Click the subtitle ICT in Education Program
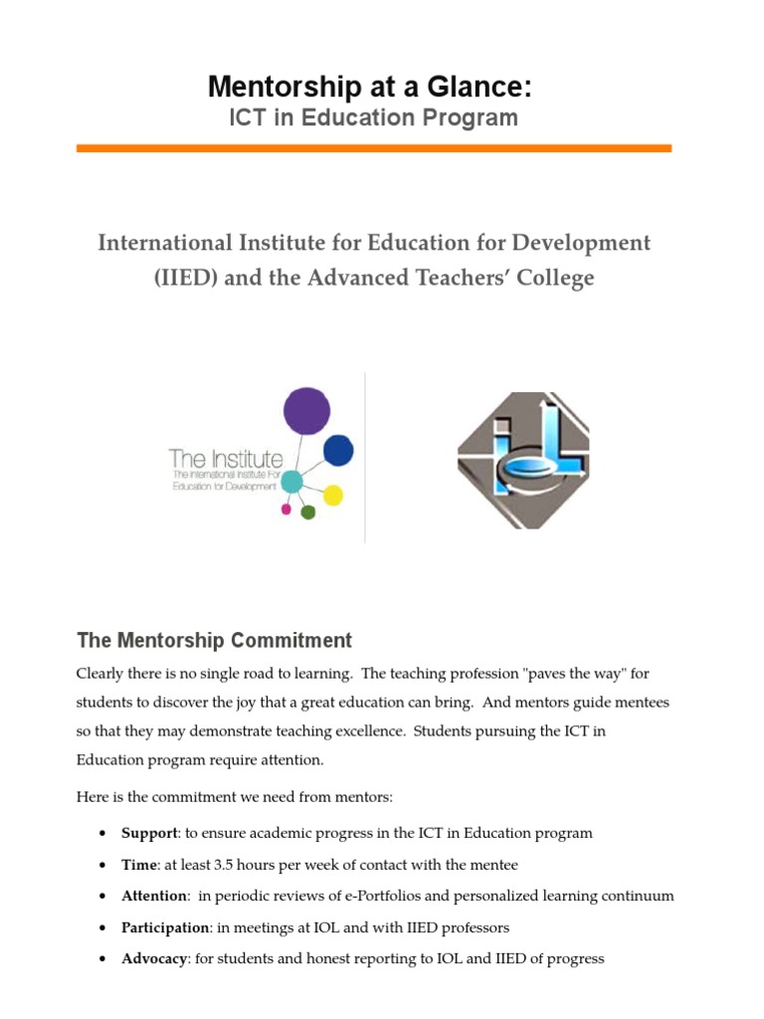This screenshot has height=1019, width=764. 373,118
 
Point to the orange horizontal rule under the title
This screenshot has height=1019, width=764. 373,148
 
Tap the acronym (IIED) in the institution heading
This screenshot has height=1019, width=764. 186,278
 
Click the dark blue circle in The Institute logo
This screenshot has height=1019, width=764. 338,451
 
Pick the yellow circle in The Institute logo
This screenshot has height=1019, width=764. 333,495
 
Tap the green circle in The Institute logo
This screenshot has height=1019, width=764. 307,512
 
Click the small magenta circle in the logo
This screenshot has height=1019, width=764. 286,509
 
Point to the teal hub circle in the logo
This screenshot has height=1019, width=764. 291,482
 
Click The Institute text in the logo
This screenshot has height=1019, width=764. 226,459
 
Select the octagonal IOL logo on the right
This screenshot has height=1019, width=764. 523,460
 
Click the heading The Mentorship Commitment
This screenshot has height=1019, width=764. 214,640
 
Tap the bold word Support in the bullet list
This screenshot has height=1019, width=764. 149,833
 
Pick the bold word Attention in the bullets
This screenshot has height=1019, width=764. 154,896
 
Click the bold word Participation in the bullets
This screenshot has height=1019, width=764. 164,927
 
